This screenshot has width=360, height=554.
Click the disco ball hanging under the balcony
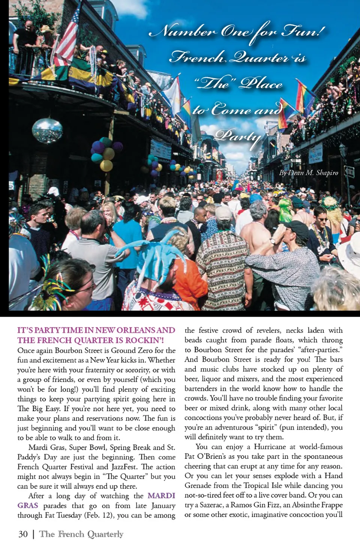[47, 130]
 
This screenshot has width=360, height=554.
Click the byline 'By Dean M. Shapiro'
[308, 173]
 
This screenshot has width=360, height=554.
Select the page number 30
[23, 534]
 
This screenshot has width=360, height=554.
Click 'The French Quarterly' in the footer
[81, 534]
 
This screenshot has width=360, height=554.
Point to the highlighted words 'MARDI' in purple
[161, 495]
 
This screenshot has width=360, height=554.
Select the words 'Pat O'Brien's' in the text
[205, 456]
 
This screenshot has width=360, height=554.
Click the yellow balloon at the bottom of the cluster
[106, 165]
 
